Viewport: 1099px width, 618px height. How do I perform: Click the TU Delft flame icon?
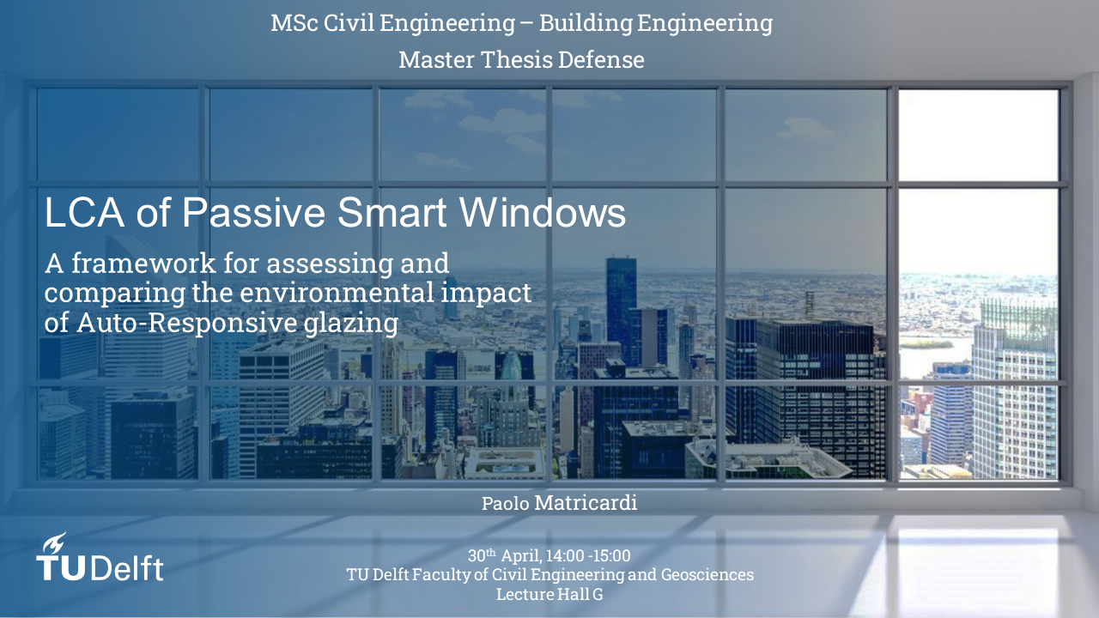click(53, 543)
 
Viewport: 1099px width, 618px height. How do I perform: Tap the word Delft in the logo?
click(126, 568)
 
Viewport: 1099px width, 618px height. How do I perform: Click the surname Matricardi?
click(586, 503)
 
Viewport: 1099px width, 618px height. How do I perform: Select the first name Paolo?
click(506, 504)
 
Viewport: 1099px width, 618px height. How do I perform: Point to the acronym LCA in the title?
click(84, 212)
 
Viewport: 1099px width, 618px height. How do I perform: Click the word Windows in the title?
click(542, 212)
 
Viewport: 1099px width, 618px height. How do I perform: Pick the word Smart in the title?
click(392, 212)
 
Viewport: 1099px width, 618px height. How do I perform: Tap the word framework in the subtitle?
click(143, 264)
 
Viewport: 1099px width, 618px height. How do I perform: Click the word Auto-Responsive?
click(187, 323)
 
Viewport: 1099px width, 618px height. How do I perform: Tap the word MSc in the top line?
click(294, 23)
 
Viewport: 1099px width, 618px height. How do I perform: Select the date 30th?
click(482, 555)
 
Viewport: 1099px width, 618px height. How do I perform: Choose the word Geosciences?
click(707, 574)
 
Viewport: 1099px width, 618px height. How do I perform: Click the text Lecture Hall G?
click(549, 594)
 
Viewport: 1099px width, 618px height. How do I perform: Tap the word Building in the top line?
click(586, 23)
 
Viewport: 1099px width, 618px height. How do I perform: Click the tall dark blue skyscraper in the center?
click(622, 304)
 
